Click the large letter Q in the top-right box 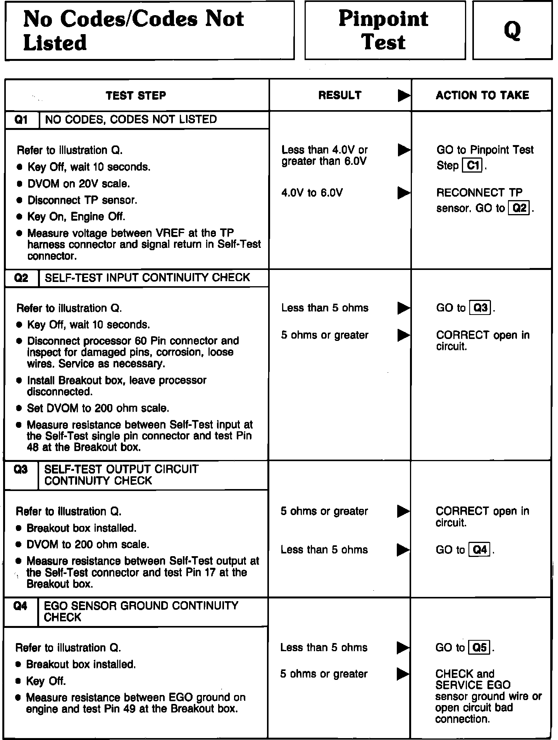click(x=512, y=31)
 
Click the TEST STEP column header click(x=136, y=95)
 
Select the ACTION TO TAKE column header click(x=482, y=95)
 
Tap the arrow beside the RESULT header click(x=404, y=95)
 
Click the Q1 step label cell click(x=21, y=120)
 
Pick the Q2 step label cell click(x=21, y=278)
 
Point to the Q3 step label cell click(x=21, y=470)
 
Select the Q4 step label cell click(x=21, y=606)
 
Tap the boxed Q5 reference click(x=480, y=648)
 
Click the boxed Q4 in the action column click(x=480, y=550)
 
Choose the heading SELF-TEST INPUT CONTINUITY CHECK click(x=147, y=278)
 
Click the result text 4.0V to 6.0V click(x=312, y=193)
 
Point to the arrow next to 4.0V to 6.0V click(x=404, y=193)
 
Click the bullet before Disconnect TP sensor click(x=20, y=201)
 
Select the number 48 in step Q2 click(x=33, y=447)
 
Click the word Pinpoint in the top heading click(x=383, y=19)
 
